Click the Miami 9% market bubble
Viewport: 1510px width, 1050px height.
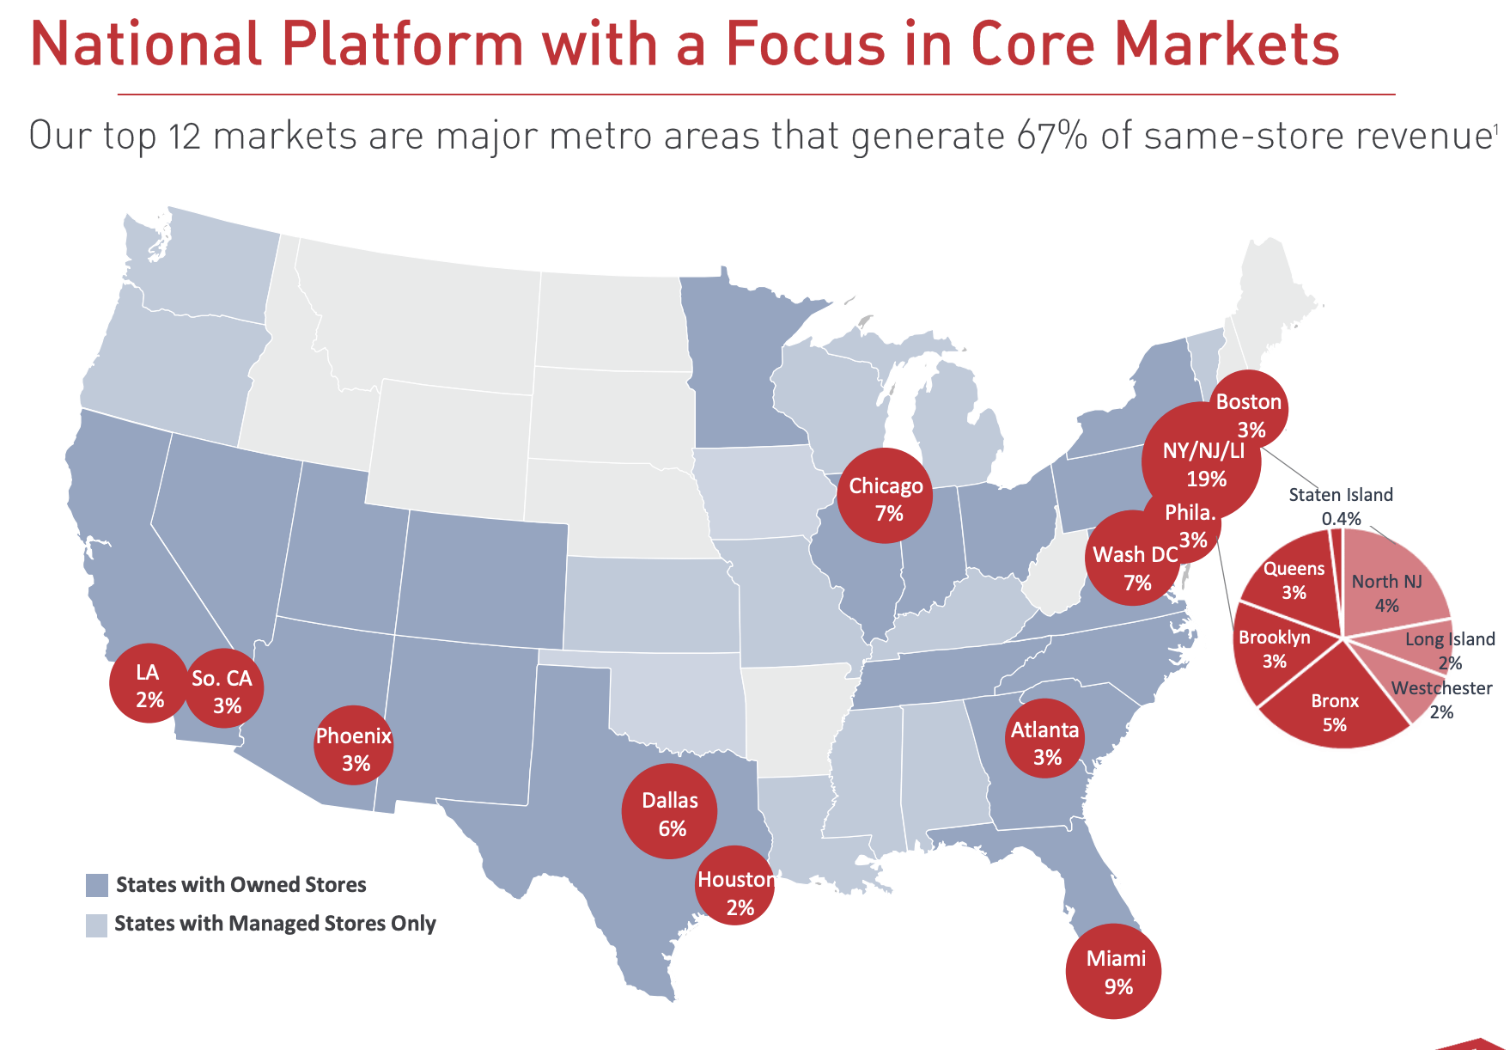coord(1113,971)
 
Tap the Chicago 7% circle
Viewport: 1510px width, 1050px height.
coord(885,497)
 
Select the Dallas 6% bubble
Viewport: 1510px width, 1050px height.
coord(669,811)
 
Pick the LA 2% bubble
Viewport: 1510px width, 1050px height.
coord(149,684)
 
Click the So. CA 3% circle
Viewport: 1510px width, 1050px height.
coord(224,689)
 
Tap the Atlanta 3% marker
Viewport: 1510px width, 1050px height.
coord(1045,741)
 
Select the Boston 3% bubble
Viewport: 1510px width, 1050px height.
coord(1250,411)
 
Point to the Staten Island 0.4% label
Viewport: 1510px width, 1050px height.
coord(1341,505)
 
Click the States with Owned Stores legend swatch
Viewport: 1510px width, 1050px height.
coord(97,885)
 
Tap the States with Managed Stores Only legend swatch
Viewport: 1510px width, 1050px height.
coord(97,925)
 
